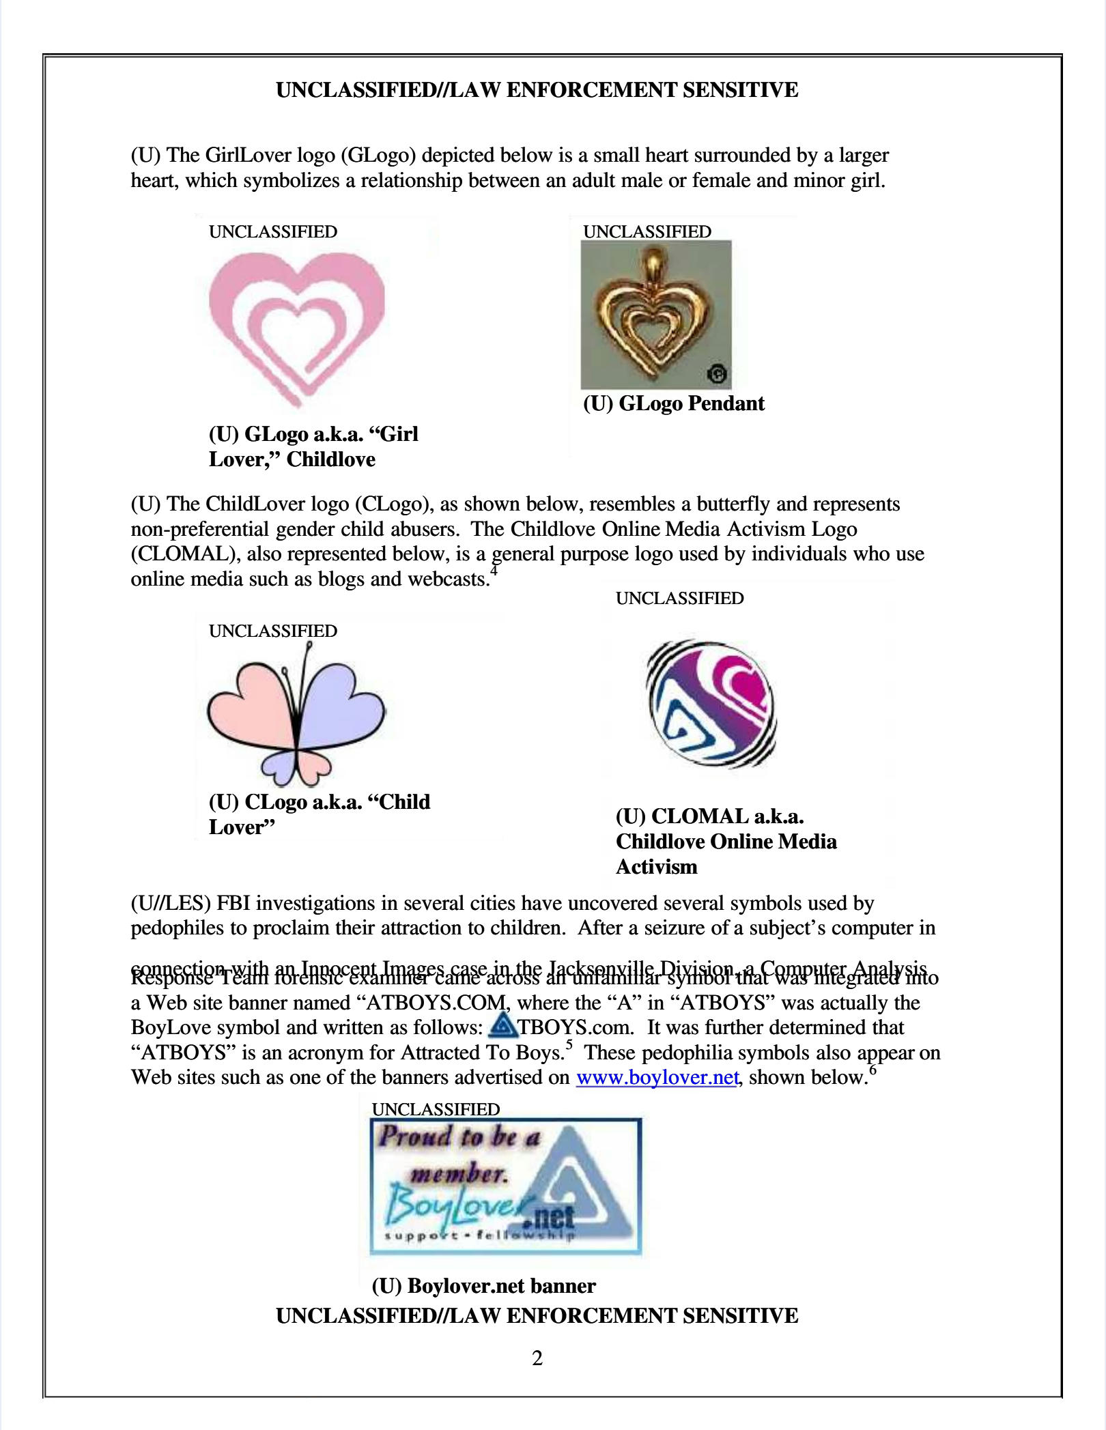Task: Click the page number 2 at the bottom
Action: (x=537, y=1358)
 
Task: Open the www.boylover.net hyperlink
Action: (x=657, y=1077)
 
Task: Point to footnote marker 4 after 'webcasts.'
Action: (x=494, y=571)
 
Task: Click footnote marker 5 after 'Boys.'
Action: (x=569, y=1045)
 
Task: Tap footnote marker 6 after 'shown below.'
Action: (x=873, y=1070)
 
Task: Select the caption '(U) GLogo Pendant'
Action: (x=673, y=403)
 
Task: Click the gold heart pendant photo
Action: (x=655, y=315)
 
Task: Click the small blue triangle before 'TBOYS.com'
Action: (x=504, y=1025)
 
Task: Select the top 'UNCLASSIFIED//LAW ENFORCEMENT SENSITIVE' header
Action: (x=537, y=90)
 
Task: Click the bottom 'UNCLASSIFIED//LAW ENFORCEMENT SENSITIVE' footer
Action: (x=537, y=1315)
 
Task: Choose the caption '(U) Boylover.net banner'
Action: (x=483, y=1286)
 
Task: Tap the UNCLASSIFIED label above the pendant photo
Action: (x=647, y=231)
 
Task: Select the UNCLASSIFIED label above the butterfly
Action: (x=272, y=631)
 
